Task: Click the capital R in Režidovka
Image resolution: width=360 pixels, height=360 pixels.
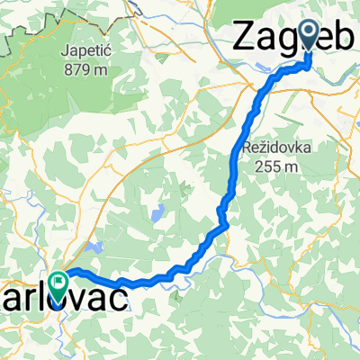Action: (247, 147)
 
